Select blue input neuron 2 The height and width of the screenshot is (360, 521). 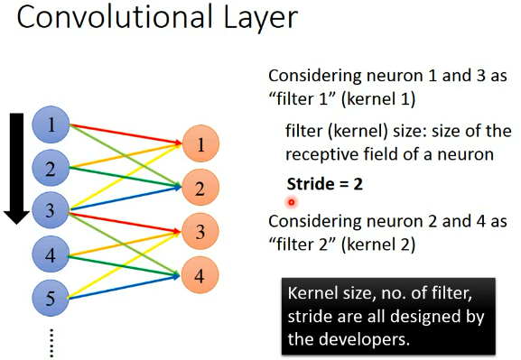(x=51, y=168)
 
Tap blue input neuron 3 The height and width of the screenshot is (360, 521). (x=51, y=211)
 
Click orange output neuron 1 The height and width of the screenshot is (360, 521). (x=201, y=144)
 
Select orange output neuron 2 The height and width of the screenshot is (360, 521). (x=201, y=189)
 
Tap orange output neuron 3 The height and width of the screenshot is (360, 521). (x=201, y=231)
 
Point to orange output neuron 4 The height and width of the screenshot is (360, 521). (x=201, y=274)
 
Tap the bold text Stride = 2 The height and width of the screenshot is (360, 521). (x=325, y=183)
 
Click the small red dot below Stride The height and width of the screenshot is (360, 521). (x=292, y=203)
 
